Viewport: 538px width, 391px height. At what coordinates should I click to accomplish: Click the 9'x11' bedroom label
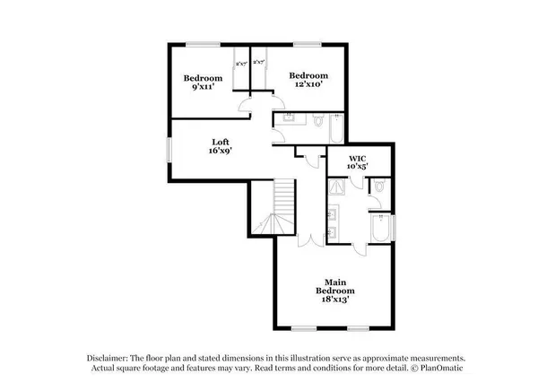(x=203, y=83)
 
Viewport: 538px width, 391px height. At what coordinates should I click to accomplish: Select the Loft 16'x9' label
(x=220, y=146)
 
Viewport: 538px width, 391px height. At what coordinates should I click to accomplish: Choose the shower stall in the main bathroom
(x=338, y=187)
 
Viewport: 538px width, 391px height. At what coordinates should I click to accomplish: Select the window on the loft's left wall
(x=168, y=148)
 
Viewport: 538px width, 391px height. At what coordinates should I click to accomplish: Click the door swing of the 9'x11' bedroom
(x=245, y=109)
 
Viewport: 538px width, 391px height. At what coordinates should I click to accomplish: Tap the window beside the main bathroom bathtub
(x=394, y=228)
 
